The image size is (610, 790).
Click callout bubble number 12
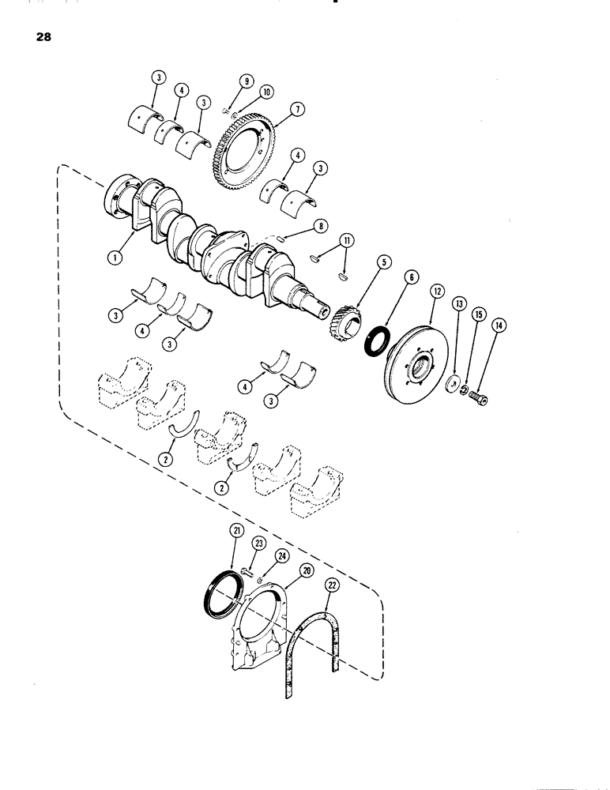click(x=435, y=292)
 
